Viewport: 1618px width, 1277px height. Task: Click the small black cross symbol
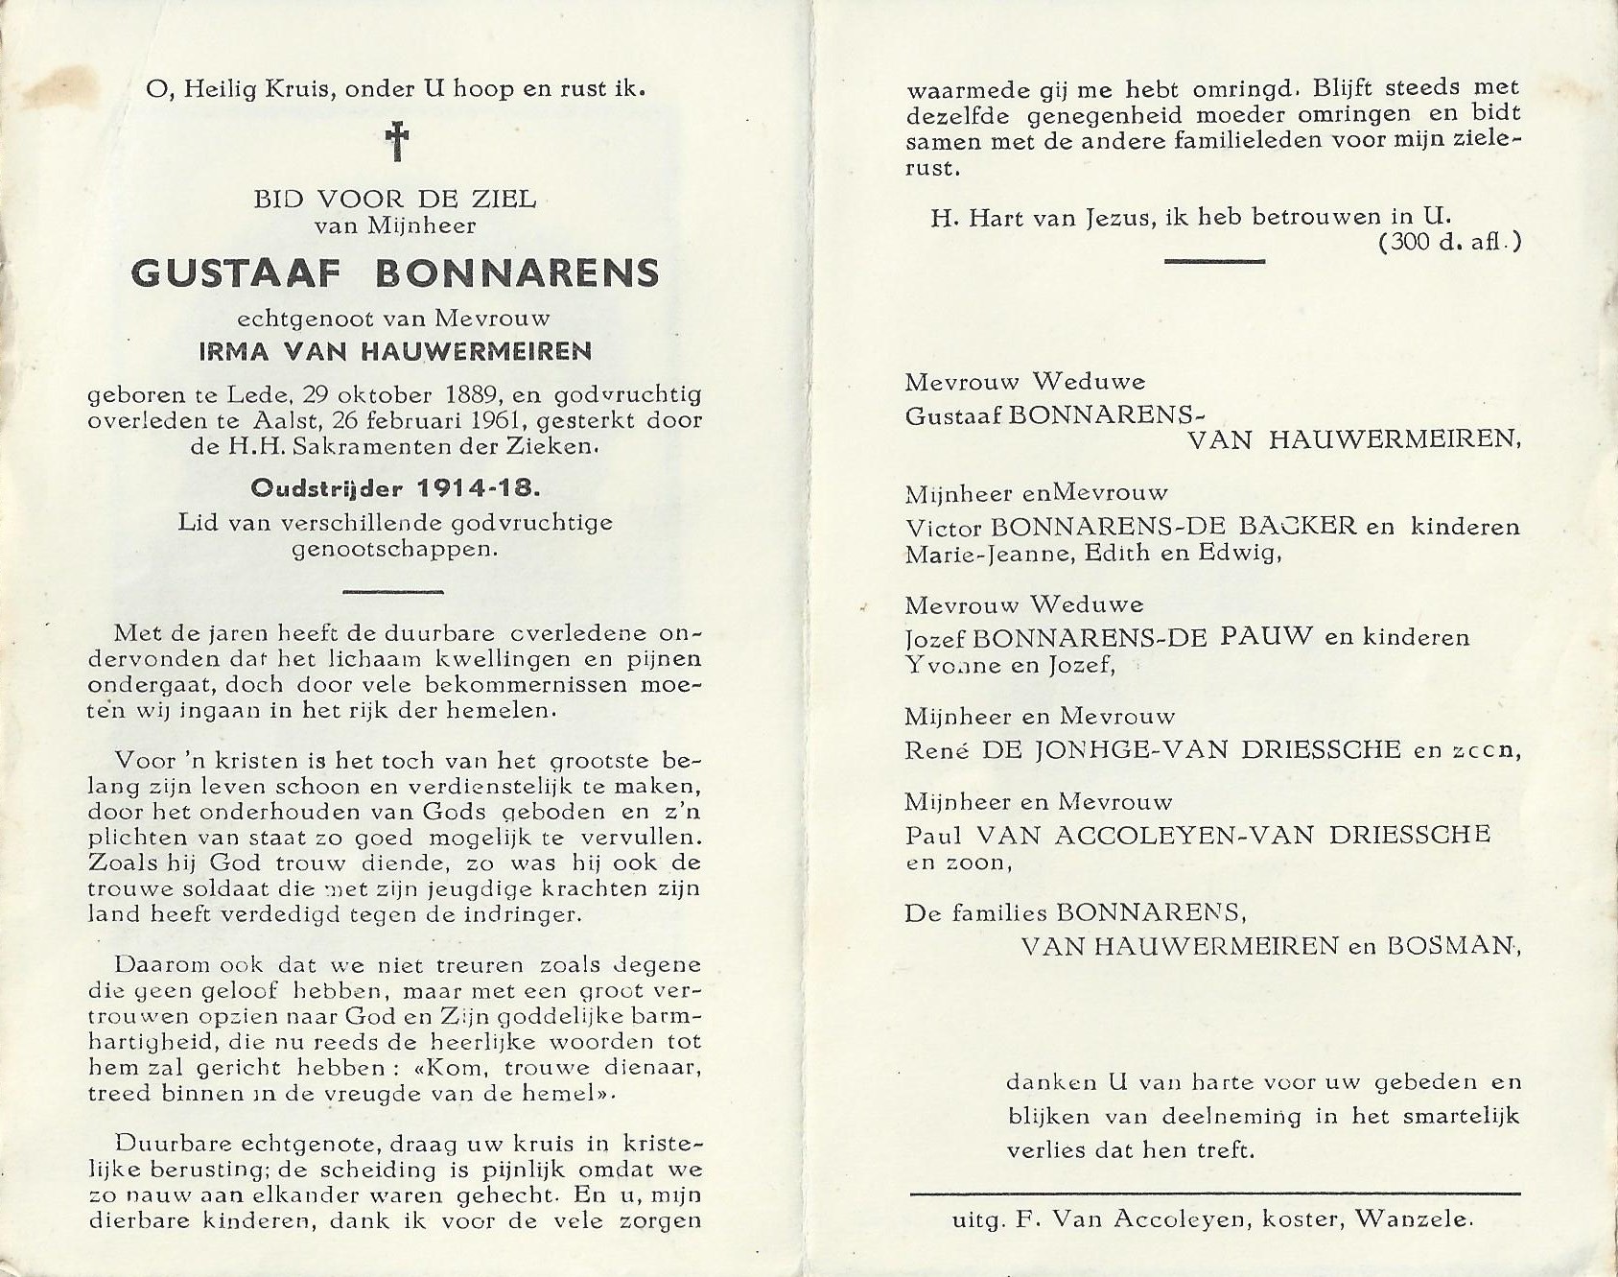(396, 143)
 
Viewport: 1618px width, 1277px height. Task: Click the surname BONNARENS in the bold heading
(517, 273)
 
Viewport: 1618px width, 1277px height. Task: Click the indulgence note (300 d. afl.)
(1450, 243)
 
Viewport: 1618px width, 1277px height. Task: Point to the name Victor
(945, 527)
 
